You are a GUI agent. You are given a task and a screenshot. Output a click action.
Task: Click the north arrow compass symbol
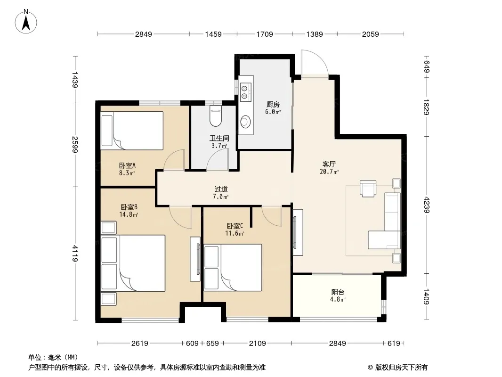coord(26,21)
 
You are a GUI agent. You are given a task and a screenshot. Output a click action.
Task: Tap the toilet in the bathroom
coord(216,115)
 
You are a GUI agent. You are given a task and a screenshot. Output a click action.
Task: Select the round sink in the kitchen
coord(245,122)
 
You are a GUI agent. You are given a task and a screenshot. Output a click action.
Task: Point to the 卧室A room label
coord(127,165)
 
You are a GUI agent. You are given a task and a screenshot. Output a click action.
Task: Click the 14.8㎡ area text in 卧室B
coord(129,214)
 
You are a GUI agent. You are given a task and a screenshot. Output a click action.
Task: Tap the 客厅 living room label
coord(329,164)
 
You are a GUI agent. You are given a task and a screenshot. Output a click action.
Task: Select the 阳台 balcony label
coord(338,292)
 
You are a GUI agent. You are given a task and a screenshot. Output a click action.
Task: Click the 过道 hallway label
coord(221,189)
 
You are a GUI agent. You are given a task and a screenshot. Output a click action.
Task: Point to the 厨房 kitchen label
coord(273,105)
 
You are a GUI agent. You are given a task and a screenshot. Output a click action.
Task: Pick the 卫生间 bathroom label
coord(219,139)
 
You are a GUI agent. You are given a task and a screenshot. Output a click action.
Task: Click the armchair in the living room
coord(368,188)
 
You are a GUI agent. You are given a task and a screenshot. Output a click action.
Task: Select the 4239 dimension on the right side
coord(427,205)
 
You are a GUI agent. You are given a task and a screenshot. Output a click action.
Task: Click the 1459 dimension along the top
coord(213,34)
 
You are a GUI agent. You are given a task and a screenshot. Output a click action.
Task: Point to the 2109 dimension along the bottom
coord(258,344)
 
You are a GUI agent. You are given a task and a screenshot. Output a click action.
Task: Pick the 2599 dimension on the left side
coord(75,145)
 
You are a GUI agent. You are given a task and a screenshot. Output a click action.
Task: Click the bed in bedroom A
coord(132,131)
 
